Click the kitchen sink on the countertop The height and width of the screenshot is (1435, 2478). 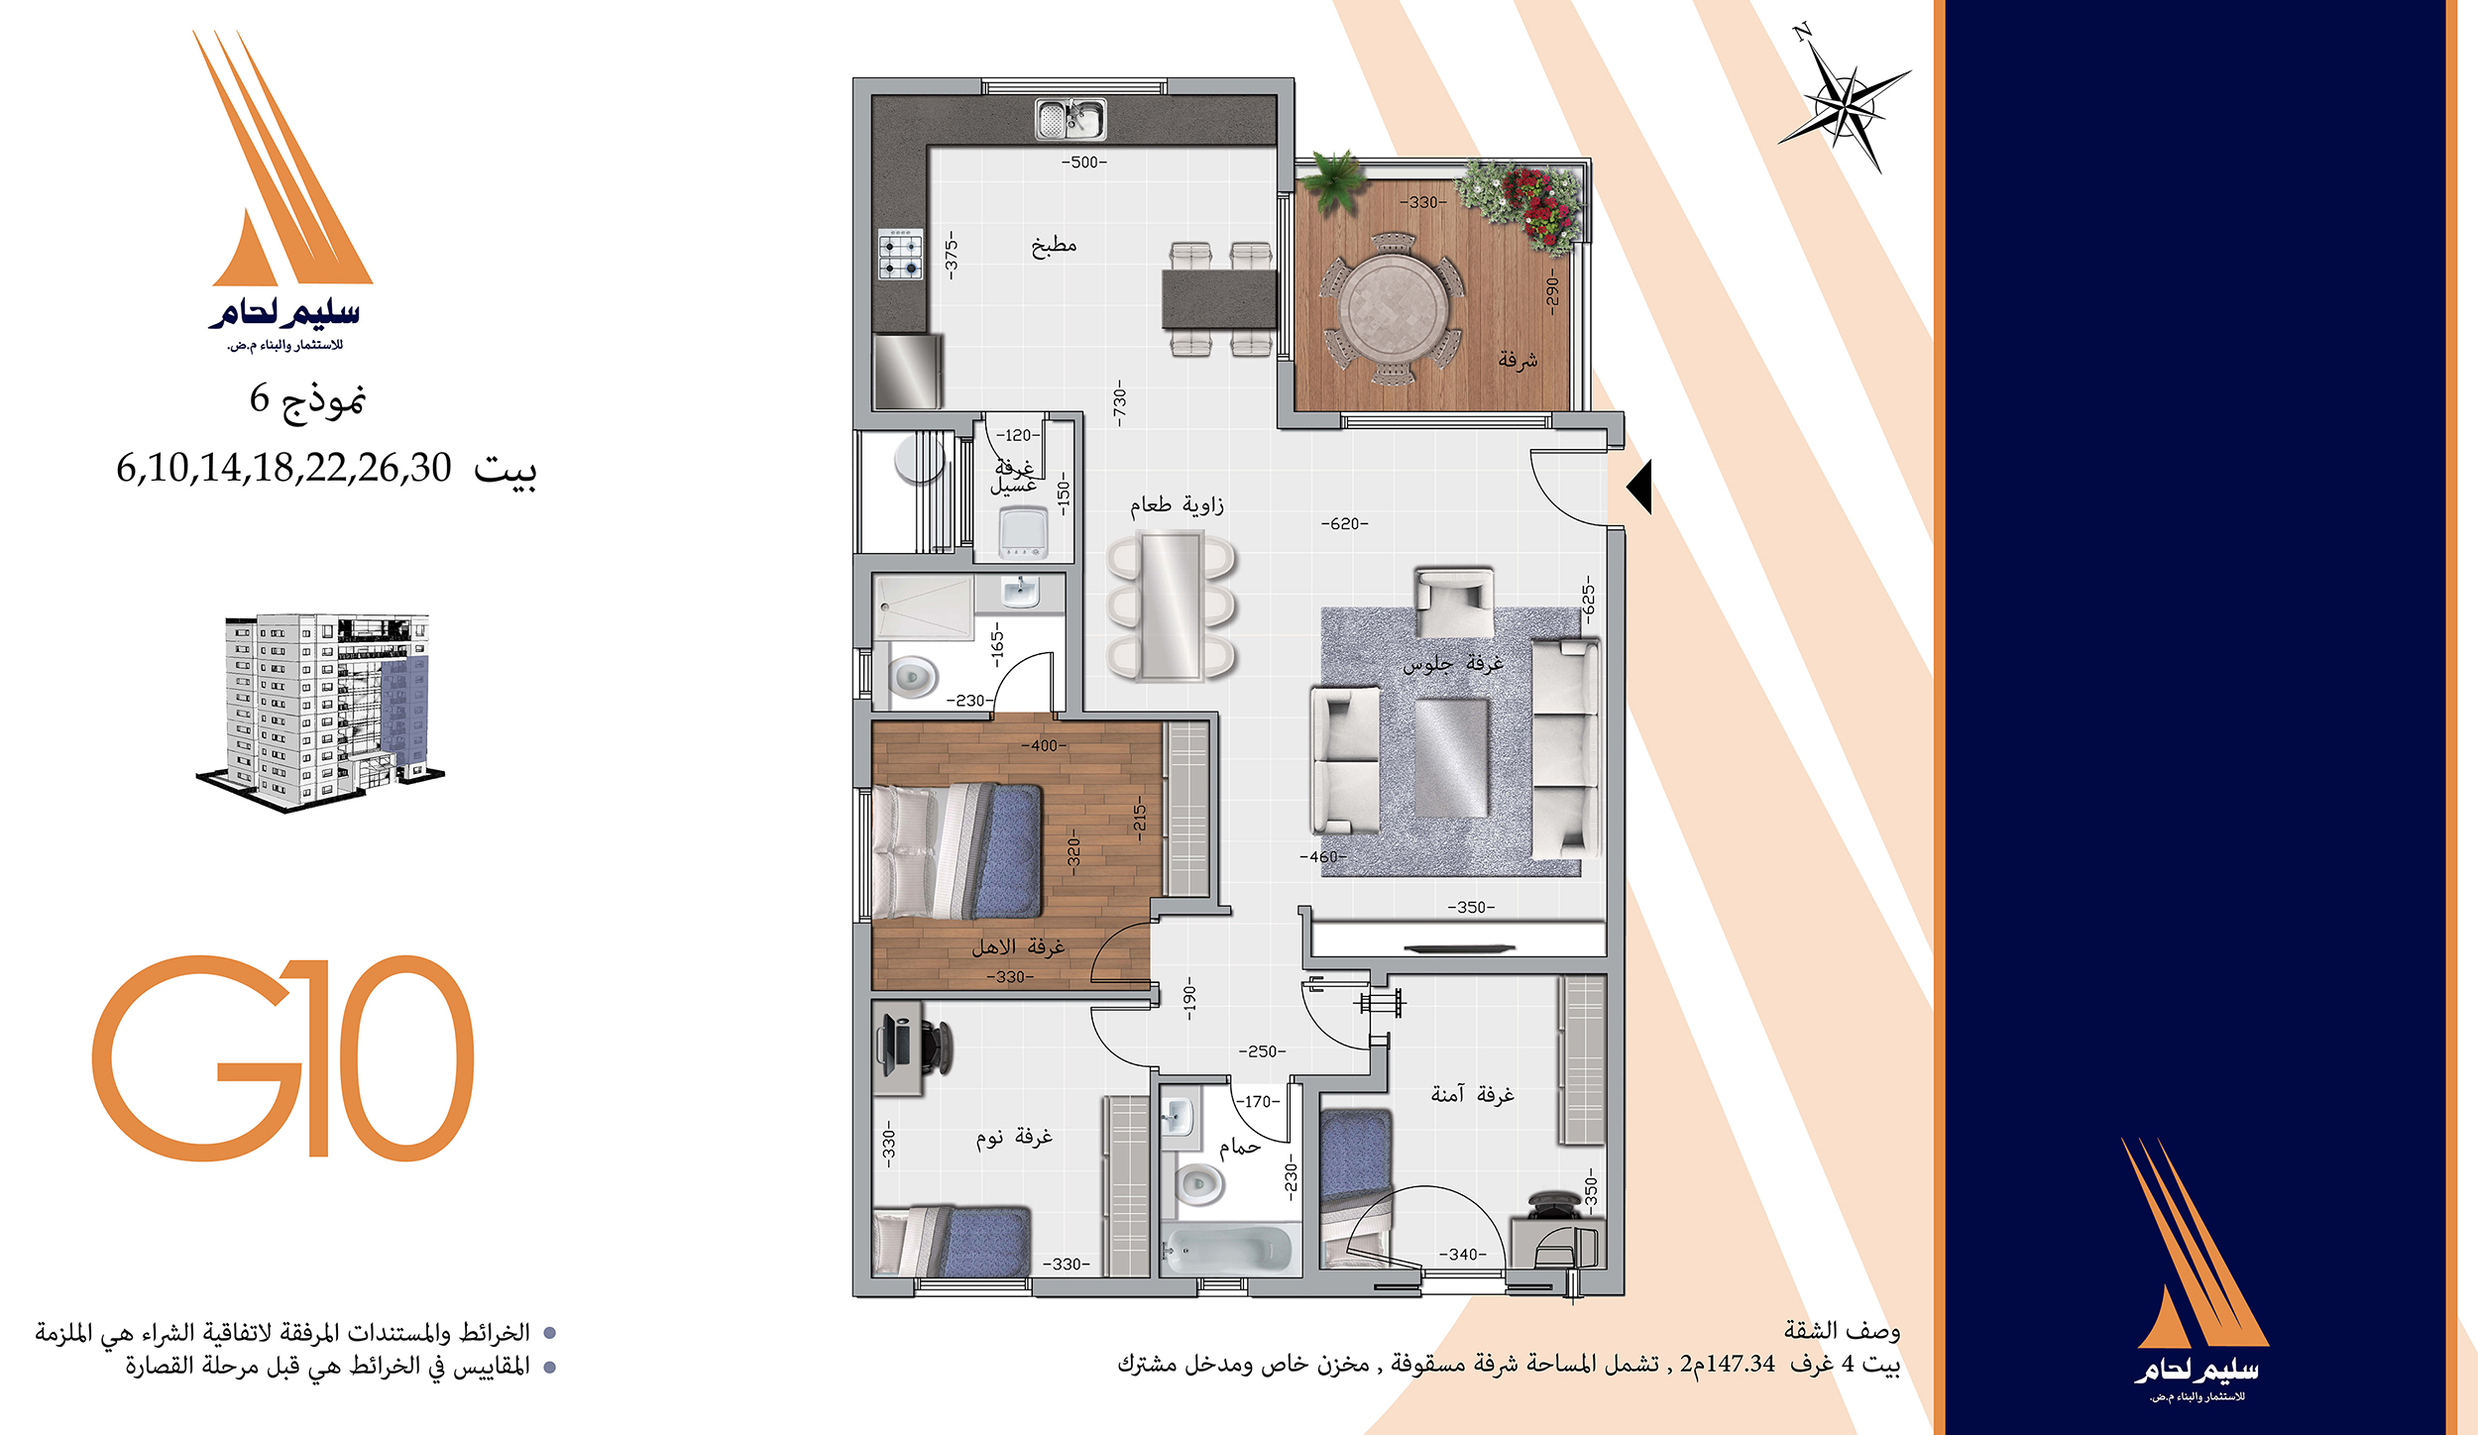[x=1070, y=119]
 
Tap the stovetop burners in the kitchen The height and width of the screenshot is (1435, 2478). [x=900, y=255]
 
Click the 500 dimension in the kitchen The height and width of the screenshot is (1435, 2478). [x=1083, y=163]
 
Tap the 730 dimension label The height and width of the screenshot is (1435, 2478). [x=1119, y=402]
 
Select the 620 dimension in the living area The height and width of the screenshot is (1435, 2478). [x=1344, y=523]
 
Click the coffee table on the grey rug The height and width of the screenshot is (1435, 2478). [x=1451, y=758]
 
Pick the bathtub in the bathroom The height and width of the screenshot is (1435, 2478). [x=1230, y=1248]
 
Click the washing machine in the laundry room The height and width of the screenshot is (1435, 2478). [x=1024, y=533]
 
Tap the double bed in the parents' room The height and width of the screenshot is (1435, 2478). [x=957, y=850]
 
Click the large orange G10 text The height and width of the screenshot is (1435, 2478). [x=283, y=1057]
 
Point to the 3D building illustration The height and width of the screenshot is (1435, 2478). [x=320, y=712]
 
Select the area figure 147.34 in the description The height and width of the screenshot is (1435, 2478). [x=1741, y=1364]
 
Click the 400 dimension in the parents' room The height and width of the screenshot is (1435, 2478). [x=1044, y=745]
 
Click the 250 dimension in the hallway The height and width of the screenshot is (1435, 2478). [x=1262, y=1051]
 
